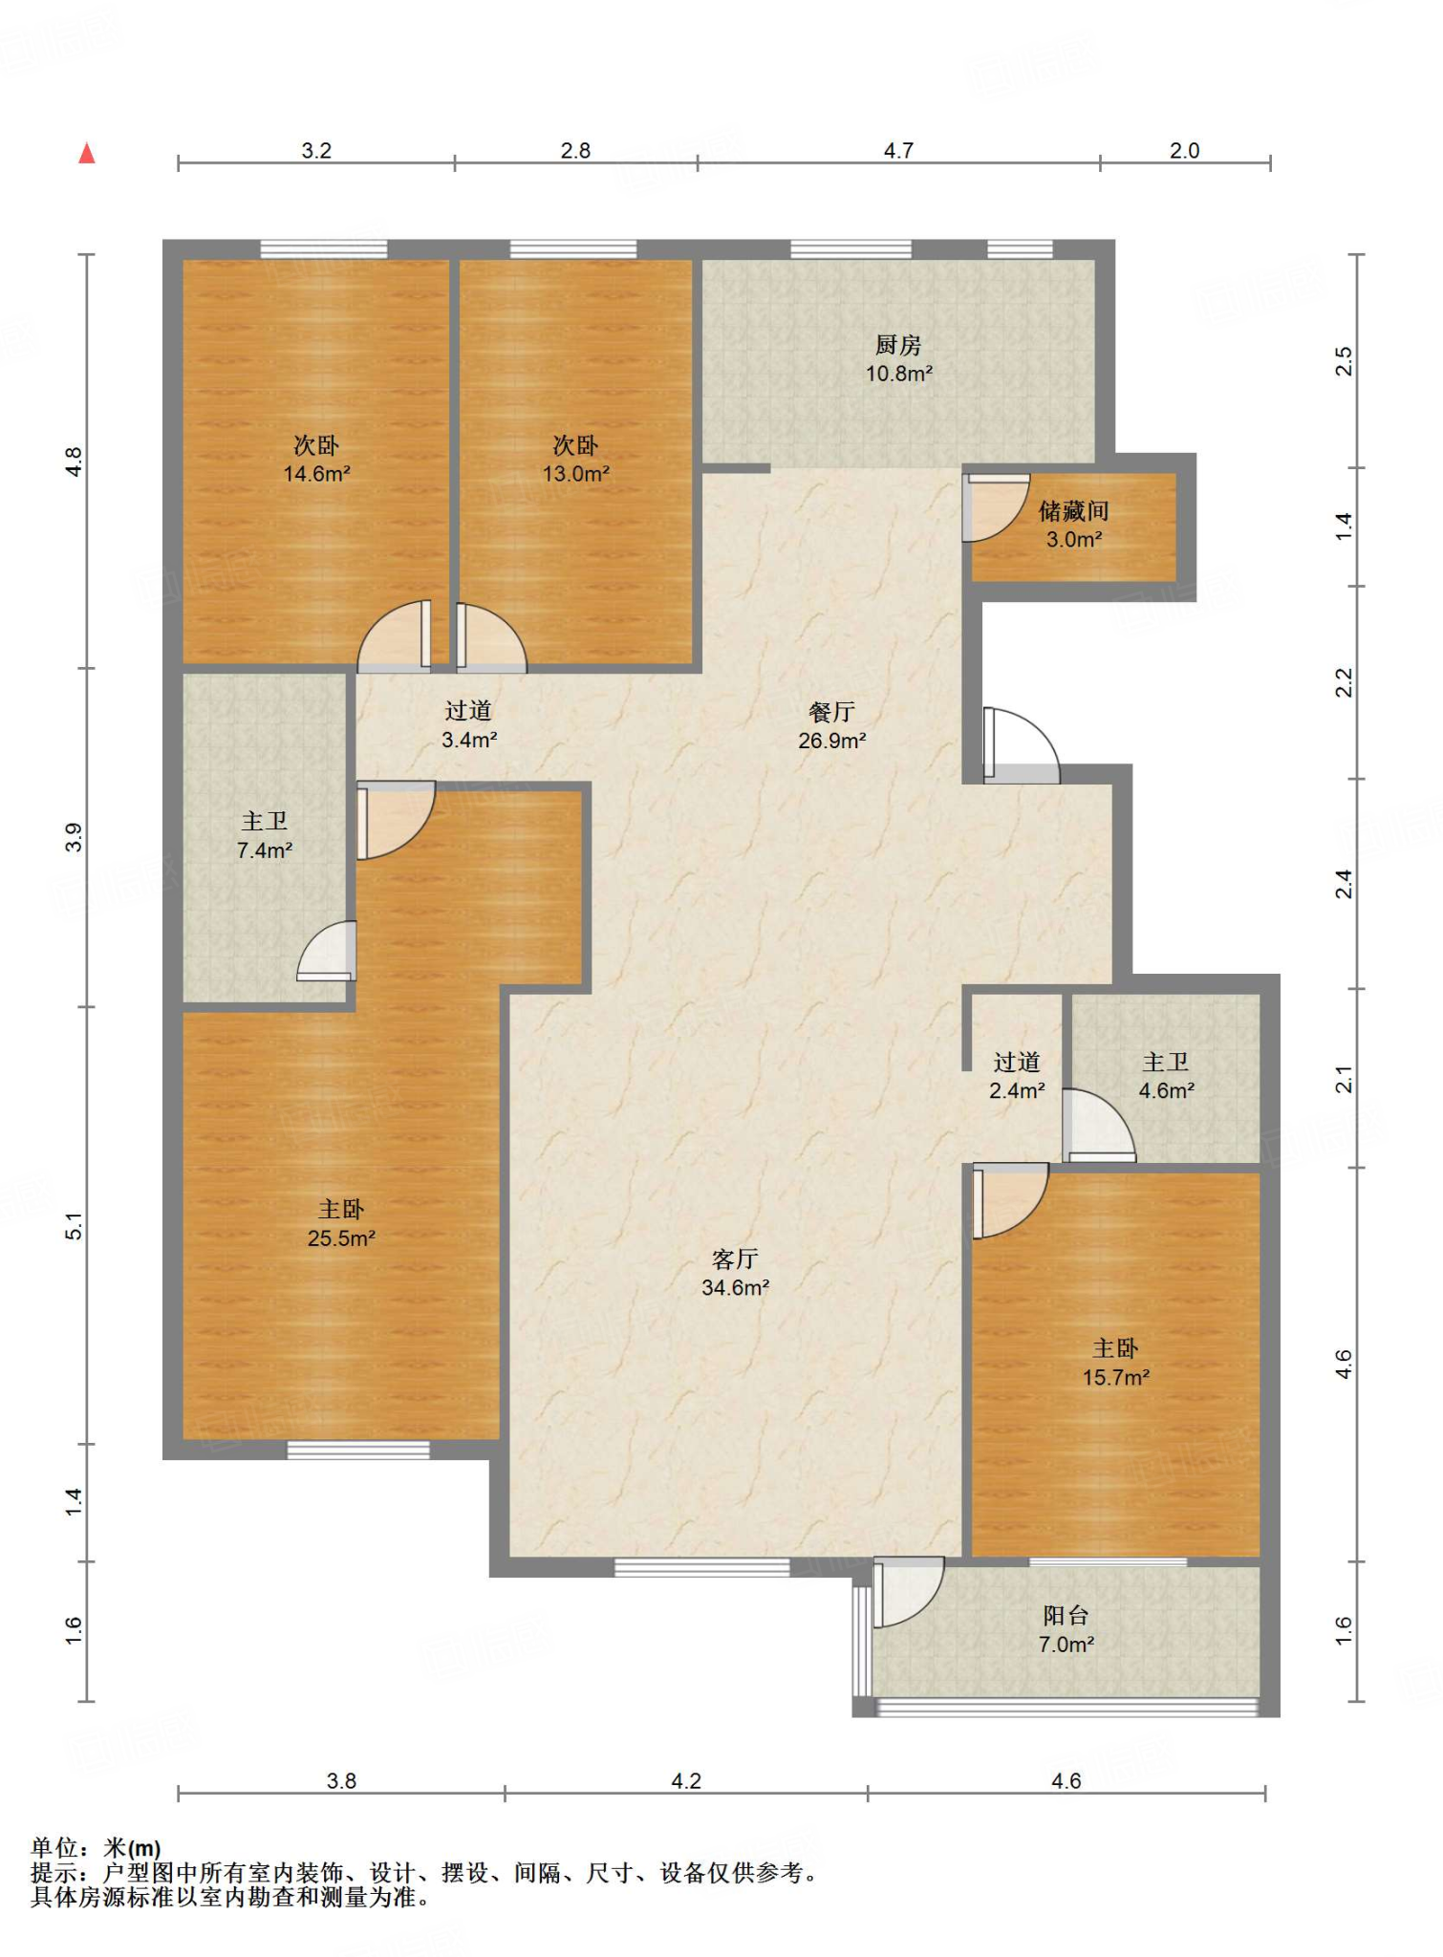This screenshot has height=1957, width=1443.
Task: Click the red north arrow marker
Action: click(x=87, y=153)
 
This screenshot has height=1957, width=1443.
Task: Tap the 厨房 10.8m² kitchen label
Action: click(x=898, y=359)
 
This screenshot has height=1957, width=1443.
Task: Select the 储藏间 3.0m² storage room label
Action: click(x=1074, y=525)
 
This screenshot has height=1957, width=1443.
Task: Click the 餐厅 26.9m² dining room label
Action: click(x=831, y=725)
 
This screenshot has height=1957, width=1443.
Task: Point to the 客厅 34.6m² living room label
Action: click(x=735, y=1273)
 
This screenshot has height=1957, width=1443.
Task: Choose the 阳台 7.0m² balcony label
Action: click(x=1066, y=1629)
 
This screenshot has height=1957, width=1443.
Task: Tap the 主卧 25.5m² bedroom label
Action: click(x=341, y=1223)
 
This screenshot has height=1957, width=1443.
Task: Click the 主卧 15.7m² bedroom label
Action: click(x=1115, y=1363)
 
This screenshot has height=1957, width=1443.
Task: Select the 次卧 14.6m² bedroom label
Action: click(x=316, y=459)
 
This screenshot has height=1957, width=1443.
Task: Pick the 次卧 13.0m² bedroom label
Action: click(x=575, y=459)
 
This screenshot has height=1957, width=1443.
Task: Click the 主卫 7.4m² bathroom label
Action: click(x=264, y=835)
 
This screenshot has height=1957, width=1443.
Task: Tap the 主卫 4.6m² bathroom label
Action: click(x=1166, y=1076)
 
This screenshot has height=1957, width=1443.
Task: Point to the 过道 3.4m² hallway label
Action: click(x=468, y=724)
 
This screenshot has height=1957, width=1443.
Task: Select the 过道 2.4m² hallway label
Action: click(x=1017, y=1076)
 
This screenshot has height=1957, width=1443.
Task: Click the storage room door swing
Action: click(x=996, y=507)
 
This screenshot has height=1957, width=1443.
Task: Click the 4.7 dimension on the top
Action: click(x=898, y=150)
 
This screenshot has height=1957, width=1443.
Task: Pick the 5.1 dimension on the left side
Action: click(x=75, y=1226)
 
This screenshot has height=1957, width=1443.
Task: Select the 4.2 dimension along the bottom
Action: click(x=686, y=1780)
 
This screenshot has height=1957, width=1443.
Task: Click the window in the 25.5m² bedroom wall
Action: click(x=358, y=1450)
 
